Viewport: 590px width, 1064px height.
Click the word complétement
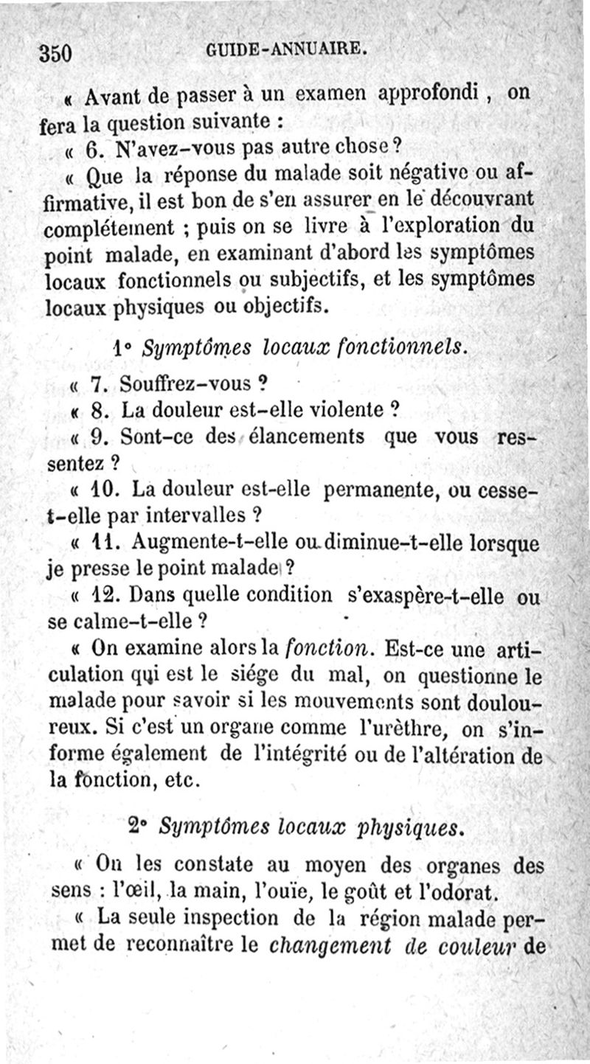[x=109, y=227]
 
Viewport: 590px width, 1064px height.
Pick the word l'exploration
[x=423, y=226]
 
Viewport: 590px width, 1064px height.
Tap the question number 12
[x=101, y=594]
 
